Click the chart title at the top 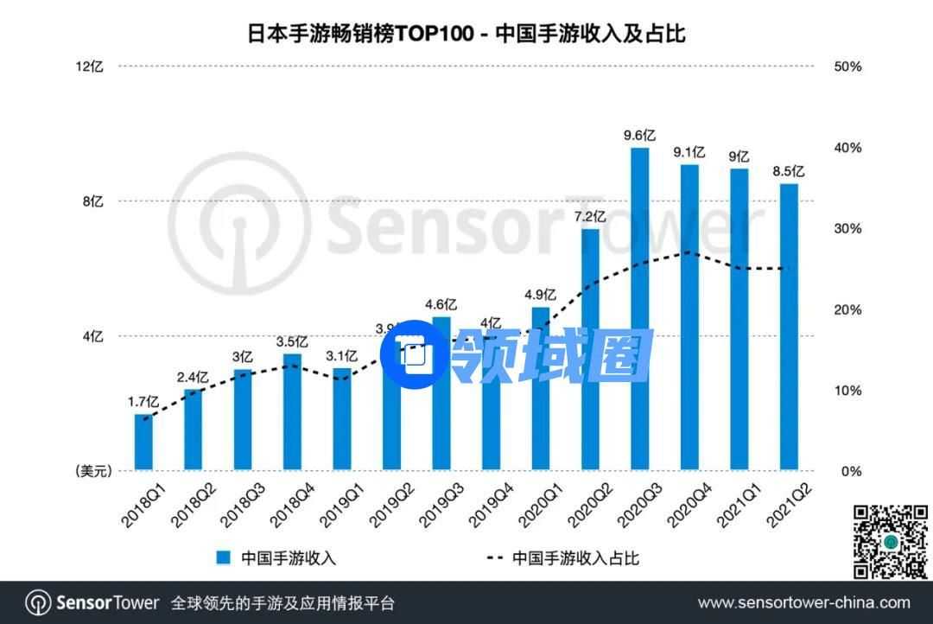(x=466, y=34)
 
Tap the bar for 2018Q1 (x=143, y=443)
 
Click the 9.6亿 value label (x=640, y=135)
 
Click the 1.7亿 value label (x=143, y=401)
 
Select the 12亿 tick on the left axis (x=90, y=67)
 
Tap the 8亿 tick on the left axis (x=93, y=201)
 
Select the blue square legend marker (x=224, y=557)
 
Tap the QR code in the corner (x=890, y=542)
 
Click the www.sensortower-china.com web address (x=803, y=602)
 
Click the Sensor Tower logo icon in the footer (x=37, y=602)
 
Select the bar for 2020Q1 (x=541, y=389)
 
